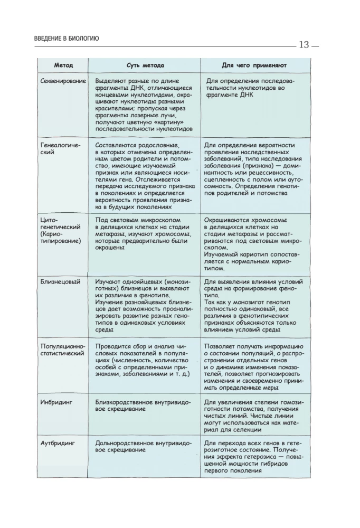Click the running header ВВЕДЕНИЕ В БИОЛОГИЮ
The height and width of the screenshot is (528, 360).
[63, 38]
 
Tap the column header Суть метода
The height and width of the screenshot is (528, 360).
[145, 65]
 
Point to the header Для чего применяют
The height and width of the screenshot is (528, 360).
[253, 65]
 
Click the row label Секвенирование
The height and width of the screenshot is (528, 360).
[63, 81]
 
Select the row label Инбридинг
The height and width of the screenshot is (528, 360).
[56, 402]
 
